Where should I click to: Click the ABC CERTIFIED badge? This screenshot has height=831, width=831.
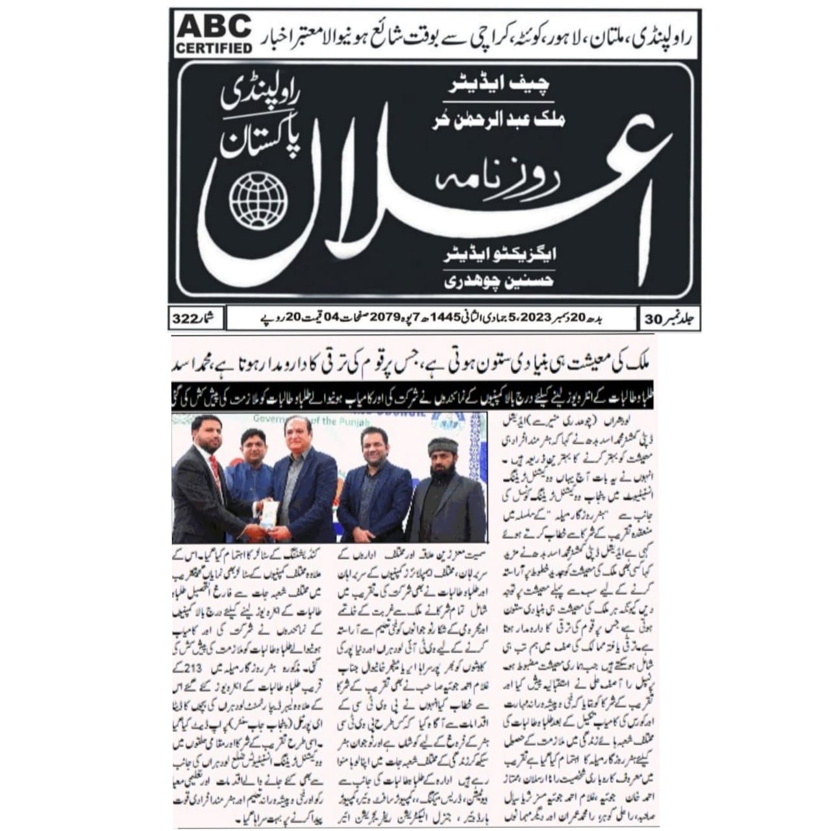coord(214,34)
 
